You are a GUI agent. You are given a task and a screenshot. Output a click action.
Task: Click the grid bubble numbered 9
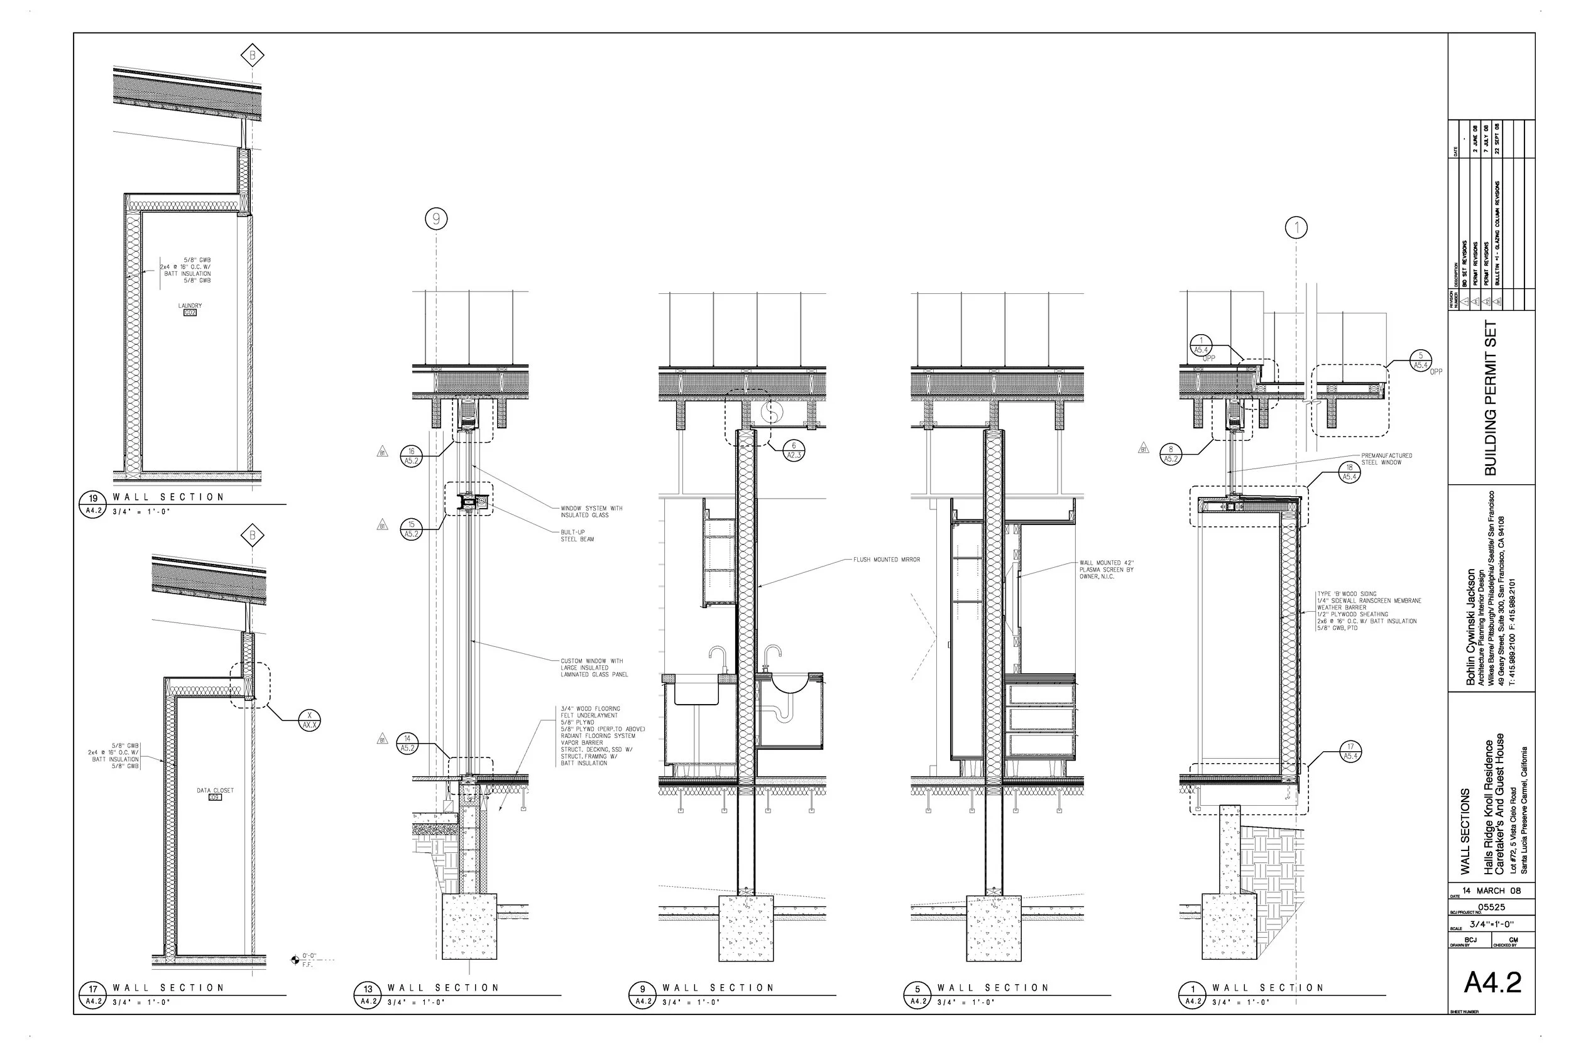(436, 219)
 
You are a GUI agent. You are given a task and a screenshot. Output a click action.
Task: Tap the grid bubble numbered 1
(1296, 228)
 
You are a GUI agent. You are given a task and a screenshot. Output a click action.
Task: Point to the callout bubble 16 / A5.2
(412, 456)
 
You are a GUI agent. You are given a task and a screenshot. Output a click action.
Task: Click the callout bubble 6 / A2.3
(794, 450)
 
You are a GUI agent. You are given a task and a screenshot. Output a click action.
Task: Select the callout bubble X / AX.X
(309, 719)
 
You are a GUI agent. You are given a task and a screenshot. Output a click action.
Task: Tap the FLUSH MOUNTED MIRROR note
(887, 560)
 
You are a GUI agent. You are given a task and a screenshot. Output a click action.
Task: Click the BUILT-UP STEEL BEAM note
(577, 536)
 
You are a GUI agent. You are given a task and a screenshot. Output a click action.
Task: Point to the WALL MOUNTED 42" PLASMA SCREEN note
(1106, 570)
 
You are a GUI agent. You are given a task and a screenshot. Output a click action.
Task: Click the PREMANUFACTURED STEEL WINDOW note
(1386, 458)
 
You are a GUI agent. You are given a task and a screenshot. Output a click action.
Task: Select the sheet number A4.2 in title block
(1492, 982)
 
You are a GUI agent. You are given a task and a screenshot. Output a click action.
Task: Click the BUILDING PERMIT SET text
(1490, 398)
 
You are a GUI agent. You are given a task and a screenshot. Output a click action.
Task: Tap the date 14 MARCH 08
(1491, 891)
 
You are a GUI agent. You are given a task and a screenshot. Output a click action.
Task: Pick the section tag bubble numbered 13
(368, 989)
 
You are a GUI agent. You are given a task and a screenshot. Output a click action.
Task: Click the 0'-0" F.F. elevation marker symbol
(295, 960)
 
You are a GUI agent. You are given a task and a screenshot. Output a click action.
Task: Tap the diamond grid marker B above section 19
(253, 56)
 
